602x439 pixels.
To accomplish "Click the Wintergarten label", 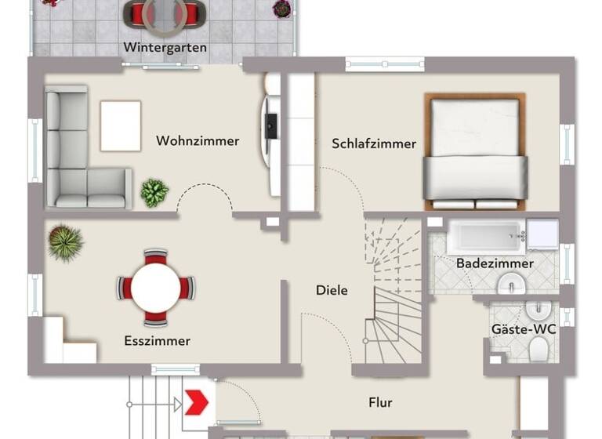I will coord(165,48).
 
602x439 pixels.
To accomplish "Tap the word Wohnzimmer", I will coord(198,141).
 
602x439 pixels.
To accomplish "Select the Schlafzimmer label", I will coord(374,143).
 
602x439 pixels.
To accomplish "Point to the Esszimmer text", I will coord(157,341).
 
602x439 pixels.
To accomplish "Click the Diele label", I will coord(332,290).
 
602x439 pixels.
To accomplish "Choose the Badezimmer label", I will coord(495,263).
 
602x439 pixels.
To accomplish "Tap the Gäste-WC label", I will coord(524,329).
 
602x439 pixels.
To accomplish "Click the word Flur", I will coord(380,403).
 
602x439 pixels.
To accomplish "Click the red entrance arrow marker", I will coord(194,403).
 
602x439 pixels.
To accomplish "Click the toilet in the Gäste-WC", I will coord(539,353).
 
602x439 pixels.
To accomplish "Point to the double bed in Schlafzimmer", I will coord(475,153).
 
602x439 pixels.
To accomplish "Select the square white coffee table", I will coord(121,125).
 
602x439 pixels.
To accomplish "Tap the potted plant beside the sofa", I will coord(154,192).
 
